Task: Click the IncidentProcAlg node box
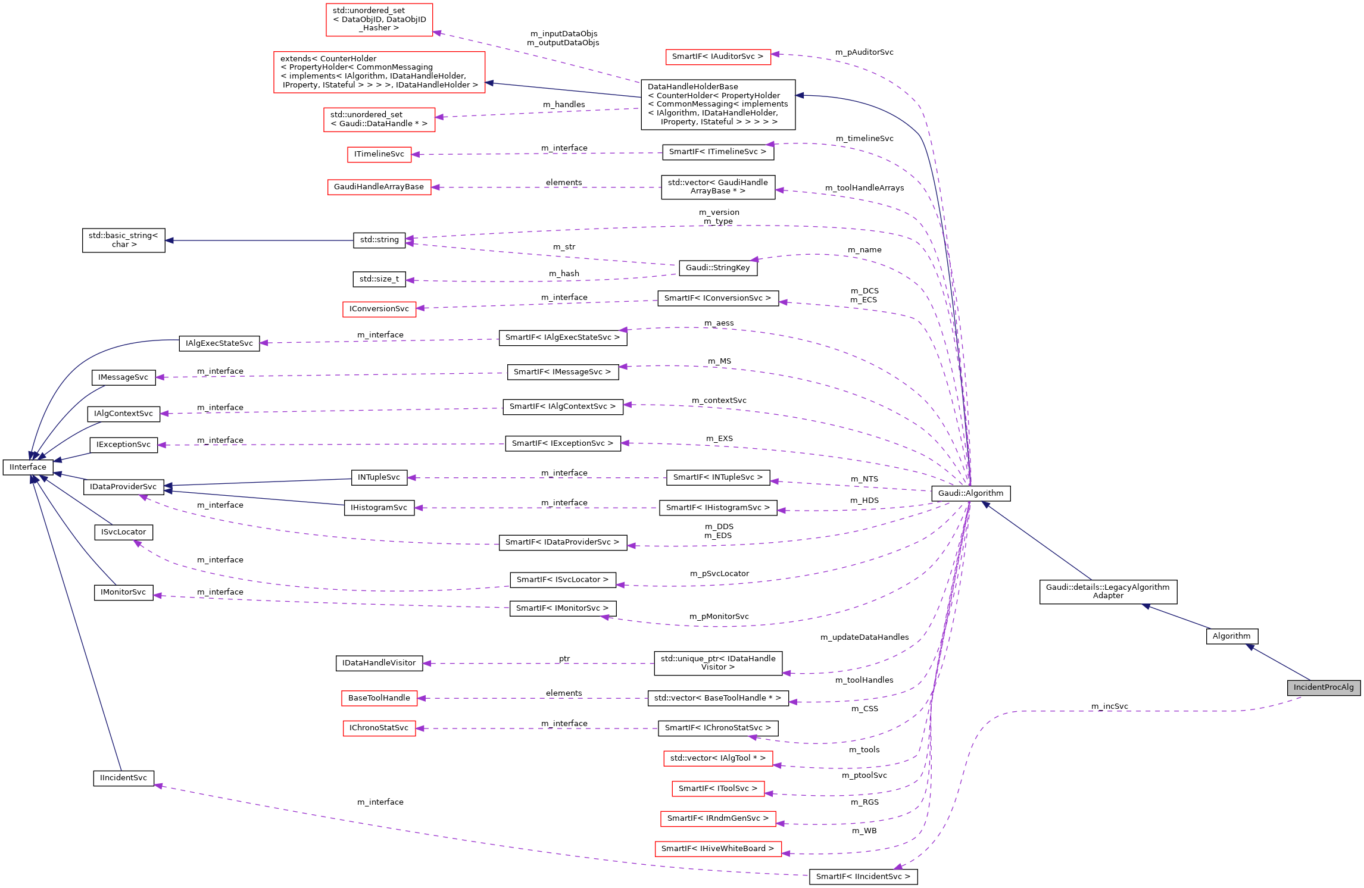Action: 1323,687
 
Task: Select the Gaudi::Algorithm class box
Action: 970,493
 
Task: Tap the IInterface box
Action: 28,467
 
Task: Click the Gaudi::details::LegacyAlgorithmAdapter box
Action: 1107,592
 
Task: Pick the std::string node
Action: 379,240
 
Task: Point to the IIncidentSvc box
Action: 123,778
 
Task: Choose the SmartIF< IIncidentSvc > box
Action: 863,877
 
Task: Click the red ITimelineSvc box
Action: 379,154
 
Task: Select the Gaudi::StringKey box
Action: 717,268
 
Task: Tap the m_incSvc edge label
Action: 1109,706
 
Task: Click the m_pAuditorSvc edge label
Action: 864,52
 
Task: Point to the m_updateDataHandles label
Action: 864,637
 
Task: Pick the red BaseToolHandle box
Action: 379,698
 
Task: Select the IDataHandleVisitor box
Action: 379,663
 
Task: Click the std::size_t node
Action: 379,279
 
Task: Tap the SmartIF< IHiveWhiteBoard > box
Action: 717,849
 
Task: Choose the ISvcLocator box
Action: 123,532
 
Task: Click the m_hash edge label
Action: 563,274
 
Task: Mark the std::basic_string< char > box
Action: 123,240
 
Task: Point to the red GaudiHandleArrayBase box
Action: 379,187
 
